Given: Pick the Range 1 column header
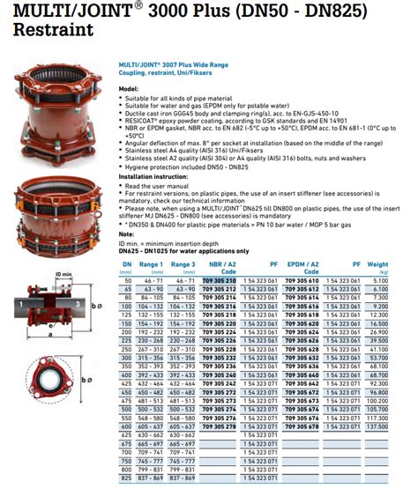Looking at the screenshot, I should point(151,263).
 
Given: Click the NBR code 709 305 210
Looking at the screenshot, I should point(219,278).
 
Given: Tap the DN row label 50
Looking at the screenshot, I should point(127,278).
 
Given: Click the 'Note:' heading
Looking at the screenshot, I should point(126,233).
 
